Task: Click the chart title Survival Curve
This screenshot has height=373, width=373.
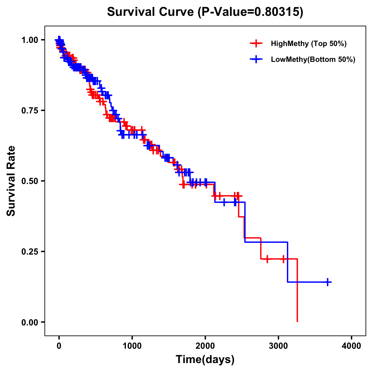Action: tap(151, 12)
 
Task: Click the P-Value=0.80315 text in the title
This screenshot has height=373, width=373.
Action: tap(251, 12)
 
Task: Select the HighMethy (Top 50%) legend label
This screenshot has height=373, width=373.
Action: tap(308, 44)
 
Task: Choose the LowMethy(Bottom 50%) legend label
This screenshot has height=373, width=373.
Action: tap(313, 59)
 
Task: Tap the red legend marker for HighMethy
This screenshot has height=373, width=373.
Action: tap(256, 44)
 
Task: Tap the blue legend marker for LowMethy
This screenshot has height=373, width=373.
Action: tap(256, 59)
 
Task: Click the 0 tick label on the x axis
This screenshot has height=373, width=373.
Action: tap(59, 346)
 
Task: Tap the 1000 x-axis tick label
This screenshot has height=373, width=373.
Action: tap(132, 346)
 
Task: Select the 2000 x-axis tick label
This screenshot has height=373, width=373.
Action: tap(205, 346)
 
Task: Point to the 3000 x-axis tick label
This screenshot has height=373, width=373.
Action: tap(279, 346)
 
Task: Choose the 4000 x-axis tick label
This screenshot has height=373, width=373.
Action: tap(352, 346)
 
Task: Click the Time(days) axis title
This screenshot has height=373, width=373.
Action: tap(205, 360)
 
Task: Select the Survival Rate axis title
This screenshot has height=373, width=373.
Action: tap(12, 181)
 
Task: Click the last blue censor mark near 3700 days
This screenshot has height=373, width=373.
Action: tap(328, 282)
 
